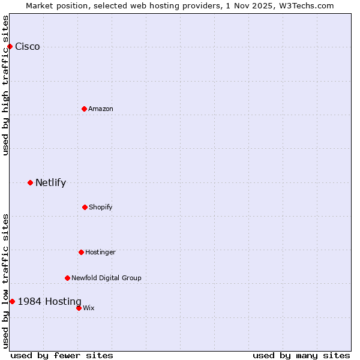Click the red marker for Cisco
pyautogui.click(x=10, y=47)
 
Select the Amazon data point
pyautogui.click(x=84, y=109)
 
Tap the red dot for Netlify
pyautogui.click(x=30, y=182)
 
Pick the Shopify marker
pyautogui.click(x=85, y=207)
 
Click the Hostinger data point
pyautogui.click(x=81, y=252)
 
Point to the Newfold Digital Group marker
pyautogui.click(x=67, y=278)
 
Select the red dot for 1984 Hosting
pyautogui.click(x=12, y=301)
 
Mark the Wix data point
pyautogui.click(x=79, y=308)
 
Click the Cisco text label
pyautogui.click(x=28, y=47)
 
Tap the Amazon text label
pyautogui.click(x=101, y=109)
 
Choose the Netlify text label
pyautogui.click(x=50, y=182)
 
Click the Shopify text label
pyautogui.click(x=101, y=207)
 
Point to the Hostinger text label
pyautogui.click(x=100, y=252)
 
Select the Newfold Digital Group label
pyautogui.click(x=106, y=278)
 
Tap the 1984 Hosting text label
pyautogui.click(x=49, y=301)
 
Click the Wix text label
pyautogui.click(x=89, y=308)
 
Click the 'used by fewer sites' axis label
pyautogui.click(x=62, y=355)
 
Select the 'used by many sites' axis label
pyautogui.click(x=301, y=355)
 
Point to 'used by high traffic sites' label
pyautogui.click(x=5, y=85)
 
